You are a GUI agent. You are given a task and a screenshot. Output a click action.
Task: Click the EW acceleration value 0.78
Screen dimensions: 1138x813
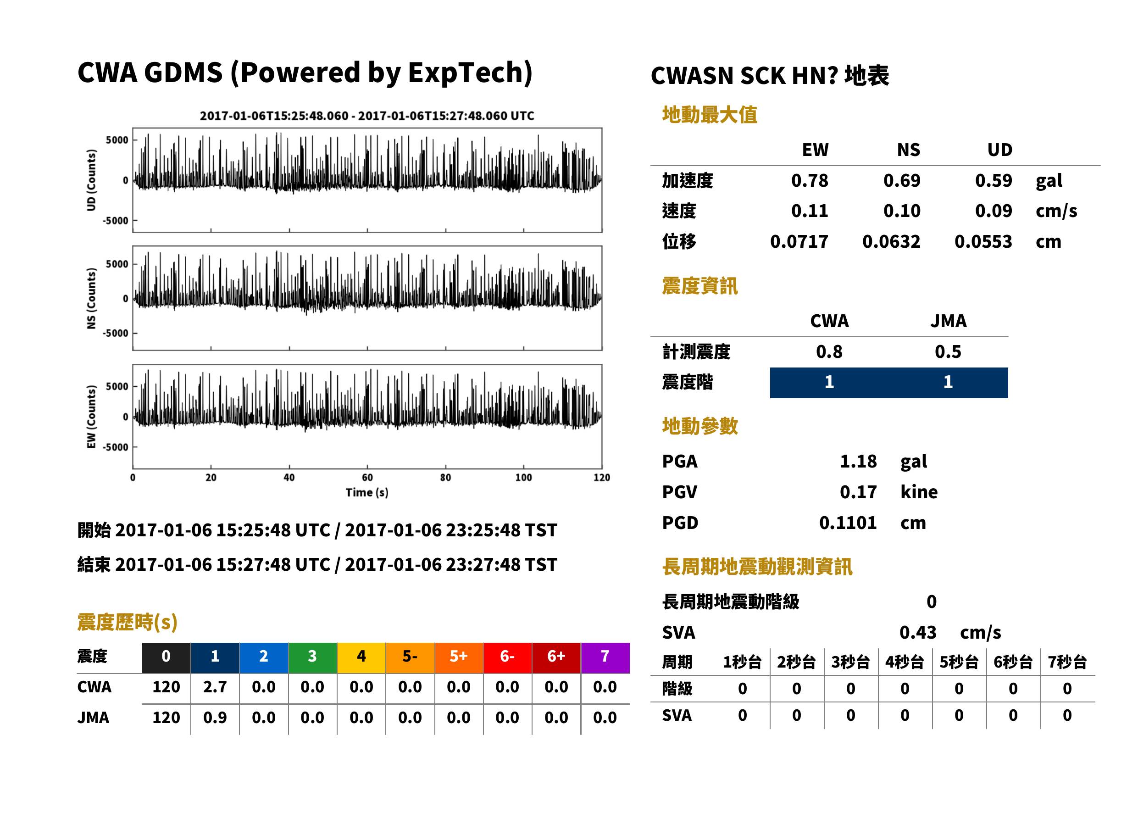809,181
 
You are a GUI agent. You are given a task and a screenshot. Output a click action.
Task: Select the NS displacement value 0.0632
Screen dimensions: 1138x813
891,242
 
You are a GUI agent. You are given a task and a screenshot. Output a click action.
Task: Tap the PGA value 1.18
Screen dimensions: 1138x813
858,461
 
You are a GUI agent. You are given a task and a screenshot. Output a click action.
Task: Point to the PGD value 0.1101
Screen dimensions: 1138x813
848,523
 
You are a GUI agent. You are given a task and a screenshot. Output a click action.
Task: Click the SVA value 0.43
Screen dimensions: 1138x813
918,632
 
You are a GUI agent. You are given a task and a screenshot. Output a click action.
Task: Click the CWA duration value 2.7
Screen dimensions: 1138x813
215,687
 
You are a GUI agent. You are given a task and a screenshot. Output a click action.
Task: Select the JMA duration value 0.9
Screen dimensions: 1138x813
215,718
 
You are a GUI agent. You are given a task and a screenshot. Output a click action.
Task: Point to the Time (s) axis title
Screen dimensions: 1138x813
367,493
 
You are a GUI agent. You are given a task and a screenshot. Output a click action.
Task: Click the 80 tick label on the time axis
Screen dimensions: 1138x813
445,478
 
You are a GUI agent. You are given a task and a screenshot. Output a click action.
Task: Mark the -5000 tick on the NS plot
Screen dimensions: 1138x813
116,333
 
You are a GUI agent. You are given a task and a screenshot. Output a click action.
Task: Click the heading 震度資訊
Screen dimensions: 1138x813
699,286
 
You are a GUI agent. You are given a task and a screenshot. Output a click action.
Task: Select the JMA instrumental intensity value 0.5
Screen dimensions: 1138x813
948,352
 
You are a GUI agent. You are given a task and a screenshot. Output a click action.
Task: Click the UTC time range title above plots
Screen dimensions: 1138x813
367,116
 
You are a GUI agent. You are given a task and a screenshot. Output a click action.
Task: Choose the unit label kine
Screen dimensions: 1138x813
919,492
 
